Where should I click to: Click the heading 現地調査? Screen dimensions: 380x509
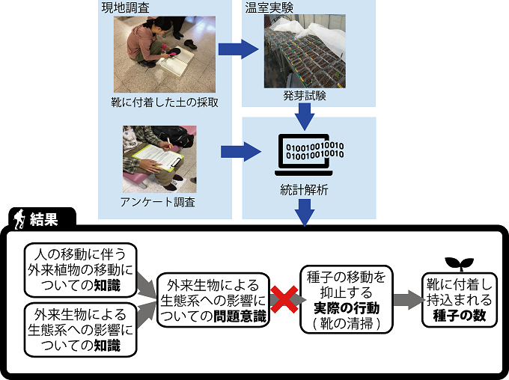(125, 7)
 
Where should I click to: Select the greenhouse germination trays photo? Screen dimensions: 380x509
(303, 52)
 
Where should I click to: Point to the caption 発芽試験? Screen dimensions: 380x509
(304, 96)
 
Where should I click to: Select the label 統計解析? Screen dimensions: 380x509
(304, 190)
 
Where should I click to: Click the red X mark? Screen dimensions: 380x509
(284, 300)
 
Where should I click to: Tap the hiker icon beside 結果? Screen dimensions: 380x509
(18, 219)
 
